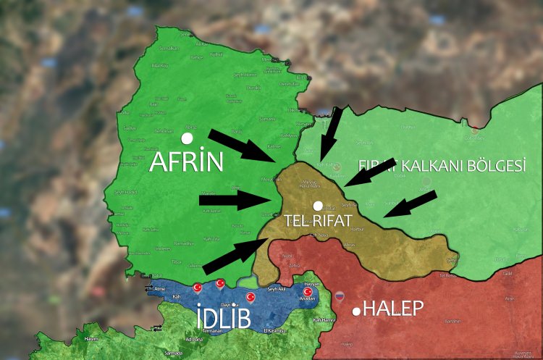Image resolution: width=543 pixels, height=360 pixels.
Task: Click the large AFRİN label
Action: [x=186, y=162]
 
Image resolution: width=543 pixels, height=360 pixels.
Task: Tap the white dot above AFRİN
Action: [x=188, y=138]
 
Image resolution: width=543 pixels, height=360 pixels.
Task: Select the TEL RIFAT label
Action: [x=318, y=220]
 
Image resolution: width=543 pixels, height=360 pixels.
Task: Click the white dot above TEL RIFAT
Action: [x=317, y=206]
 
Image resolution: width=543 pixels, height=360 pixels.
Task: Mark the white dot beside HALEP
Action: [x=356, y=311]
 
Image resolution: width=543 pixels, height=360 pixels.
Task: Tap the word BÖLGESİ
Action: [x=497, y=166]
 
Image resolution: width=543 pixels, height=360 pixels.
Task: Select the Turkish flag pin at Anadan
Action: [x=307, y=293]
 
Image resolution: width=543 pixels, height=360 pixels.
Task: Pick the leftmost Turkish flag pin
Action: [x=197, y=288]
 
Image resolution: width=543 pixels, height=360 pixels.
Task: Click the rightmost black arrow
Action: [x=410, y=204]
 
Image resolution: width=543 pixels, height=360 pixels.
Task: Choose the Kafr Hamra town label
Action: [x=321, y=320]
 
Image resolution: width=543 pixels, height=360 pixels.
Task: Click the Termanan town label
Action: [x=212, y=331]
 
